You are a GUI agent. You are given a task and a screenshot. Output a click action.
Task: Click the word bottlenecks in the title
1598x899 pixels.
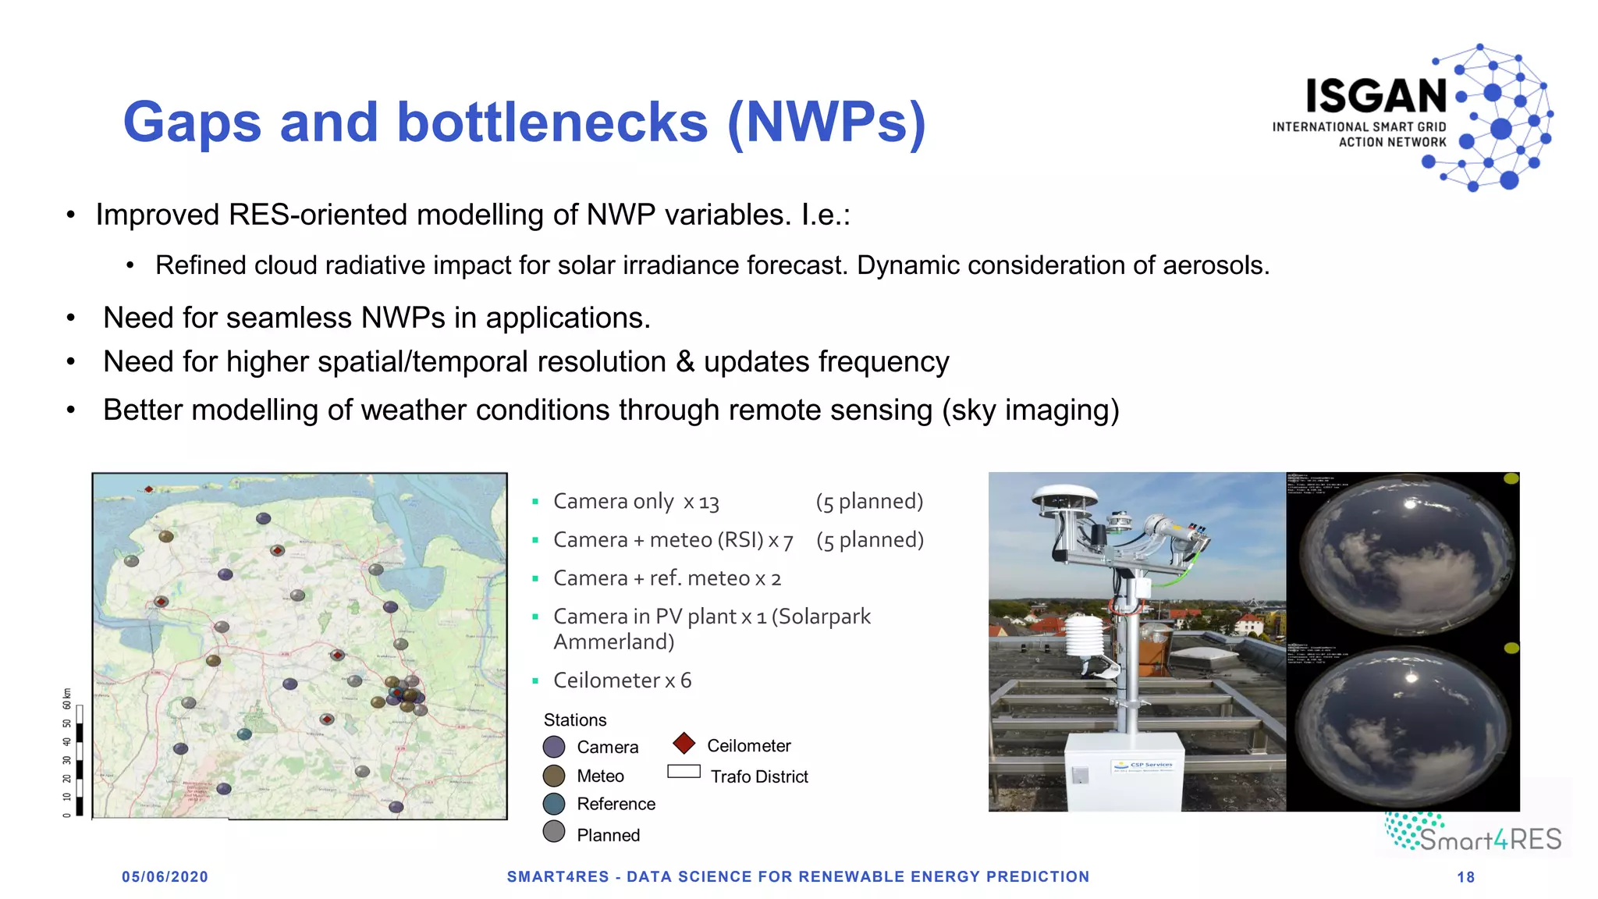[552, 123]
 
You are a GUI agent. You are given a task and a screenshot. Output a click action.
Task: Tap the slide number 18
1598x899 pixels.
[1465, 877]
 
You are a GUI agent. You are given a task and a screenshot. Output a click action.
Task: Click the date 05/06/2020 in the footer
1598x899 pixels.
[165, 877]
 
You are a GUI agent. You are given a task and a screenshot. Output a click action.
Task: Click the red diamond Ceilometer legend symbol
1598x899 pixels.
[684, 744]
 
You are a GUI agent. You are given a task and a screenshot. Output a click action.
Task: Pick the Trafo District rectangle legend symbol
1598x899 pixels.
[684, 772]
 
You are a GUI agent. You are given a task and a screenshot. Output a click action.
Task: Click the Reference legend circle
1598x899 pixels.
[554, 804]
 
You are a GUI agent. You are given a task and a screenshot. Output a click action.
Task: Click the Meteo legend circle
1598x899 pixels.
[554, 776]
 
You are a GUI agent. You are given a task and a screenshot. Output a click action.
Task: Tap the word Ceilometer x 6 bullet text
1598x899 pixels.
[622, 680]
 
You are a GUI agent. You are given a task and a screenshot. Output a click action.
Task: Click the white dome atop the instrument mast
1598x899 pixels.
[1064, 496]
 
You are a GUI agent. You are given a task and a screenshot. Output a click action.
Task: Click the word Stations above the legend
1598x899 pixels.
[574, 720]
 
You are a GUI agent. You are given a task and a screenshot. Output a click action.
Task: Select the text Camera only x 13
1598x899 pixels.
[635, 502]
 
